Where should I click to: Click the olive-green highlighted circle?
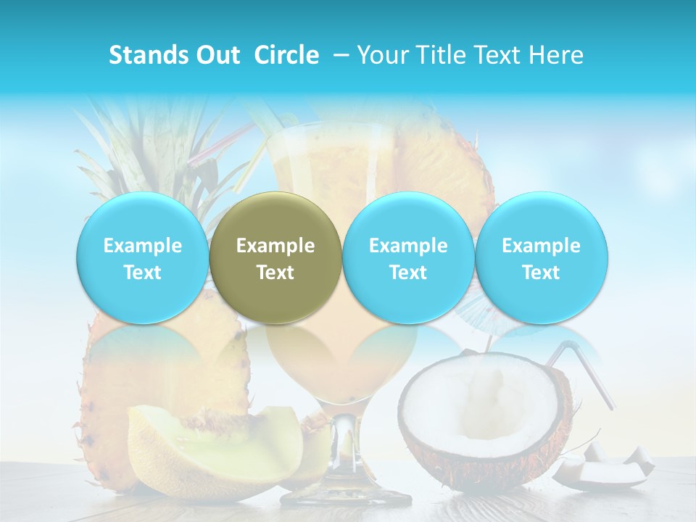(275, 257)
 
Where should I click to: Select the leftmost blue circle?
(142, 257)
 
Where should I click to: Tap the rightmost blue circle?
(541, 257)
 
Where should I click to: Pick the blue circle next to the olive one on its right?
(408, 257)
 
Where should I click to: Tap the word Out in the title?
(215, 55)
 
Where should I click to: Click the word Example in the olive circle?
(275, 246)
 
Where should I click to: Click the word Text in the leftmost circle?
(142, 273)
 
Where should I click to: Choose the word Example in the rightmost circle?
(541, 246)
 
